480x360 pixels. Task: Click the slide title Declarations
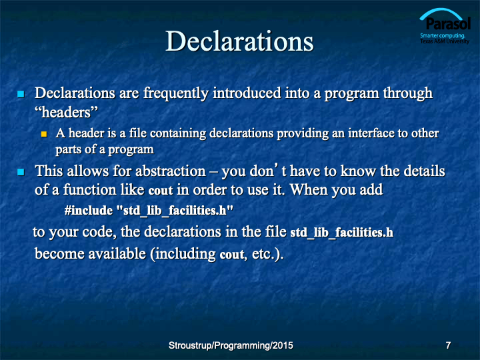coord(239,41)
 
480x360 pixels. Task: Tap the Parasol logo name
coord(448,23)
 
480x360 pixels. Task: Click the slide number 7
coord(448,345)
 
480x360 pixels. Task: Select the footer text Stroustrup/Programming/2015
coord(231,345)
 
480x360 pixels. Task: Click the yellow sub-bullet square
coord(44,134)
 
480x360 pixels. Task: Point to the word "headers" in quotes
coord(66,112)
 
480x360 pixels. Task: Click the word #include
coord(89,211)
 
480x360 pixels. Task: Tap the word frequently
coord(176,93)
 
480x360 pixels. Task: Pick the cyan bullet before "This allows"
coord(21,172)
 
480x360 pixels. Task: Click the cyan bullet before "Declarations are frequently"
coord(21,94)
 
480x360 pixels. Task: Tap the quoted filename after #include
coord(175,211)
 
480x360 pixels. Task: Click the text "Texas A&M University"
coord(445,41)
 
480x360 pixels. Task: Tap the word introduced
coord(247,93)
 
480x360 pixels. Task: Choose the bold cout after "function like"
coord(161,191)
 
